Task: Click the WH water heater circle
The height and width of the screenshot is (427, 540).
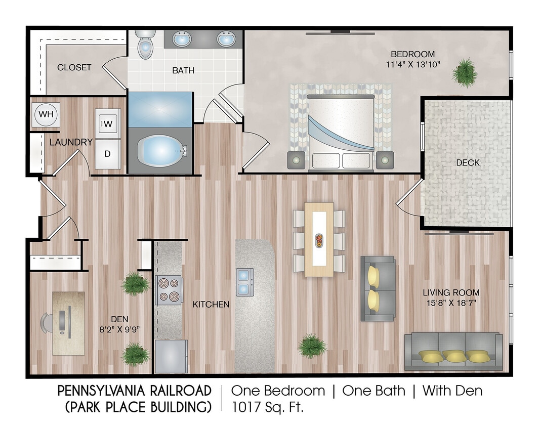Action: point(46,114)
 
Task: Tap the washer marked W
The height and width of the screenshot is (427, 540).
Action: point(108,123)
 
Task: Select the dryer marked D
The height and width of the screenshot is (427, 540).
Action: point(108,153)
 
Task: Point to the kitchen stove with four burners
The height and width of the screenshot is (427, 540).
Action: point(169,290)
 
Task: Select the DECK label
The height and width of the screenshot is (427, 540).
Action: point(467,162)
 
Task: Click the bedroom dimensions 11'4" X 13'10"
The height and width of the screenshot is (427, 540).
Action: point(412,64)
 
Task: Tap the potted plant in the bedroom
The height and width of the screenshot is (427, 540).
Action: point(464,72)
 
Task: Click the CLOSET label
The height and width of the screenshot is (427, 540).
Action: point(74,67)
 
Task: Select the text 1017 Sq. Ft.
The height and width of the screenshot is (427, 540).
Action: point(267,407)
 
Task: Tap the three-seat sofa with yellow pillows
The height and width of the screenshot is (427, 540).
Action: point(453,352)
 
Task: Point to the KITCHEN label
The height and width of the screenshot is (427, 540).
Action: point(211,305)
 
